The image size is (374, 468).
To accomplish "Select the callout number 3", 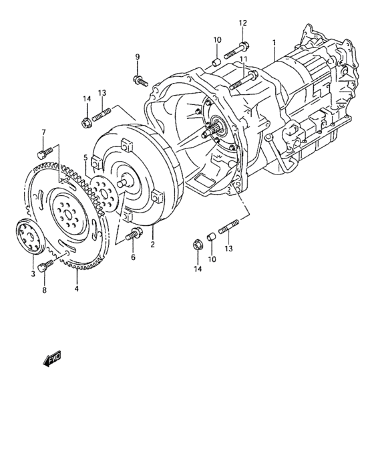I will click(x=31, y=274).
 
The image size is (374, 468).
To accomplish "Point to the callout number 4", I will click(x=76, y=289).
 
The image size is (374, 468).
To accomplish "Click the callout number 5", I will click(x=85, y=158).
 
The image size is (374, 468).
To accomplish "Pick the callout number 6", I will click(x=132, y=257).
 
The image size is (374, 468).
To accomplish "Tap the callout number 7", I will click(x=44, y=132).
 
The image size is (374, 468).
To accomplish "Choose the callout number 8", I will click(x=44, y=291).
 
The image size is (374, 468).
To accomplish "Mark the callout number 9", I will click(x=137, y=56).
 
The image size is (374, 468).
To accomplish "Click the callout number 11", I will click(x=244, y=60).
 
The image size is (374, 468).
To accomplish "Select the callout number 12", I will click(x=243, y=23).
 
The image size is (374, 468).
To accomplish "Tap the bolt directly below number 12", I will click(x=239, y=48).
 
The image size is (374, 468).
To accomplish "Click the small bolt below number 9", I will click(x=139, y=81).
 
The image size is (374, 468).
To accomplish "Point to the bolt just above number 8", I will click(x=43, y=268).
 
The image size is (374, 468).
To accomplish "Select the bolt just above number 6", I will click(x=134, y=235).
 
